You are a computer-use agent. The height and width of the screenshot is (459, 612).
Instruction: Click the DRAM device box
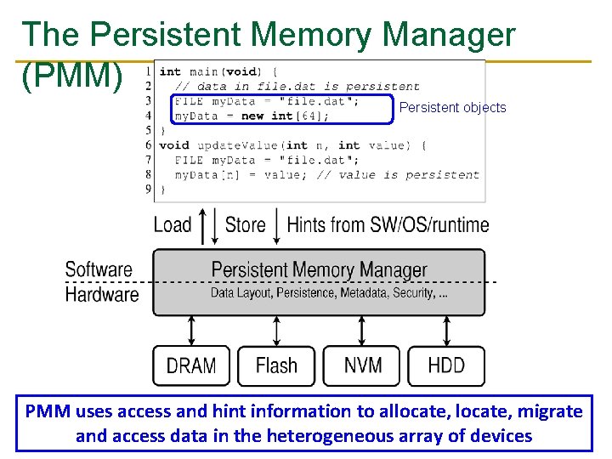coord(191,366)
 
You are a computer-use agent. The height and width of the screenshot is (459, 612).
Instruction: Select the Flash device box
coord(276,366)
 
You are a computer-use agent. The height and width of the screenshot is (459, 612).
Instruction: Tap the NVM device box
coord(362,366)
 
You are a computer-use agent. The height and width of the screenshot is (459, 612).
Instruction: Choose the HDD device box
coord(447,366)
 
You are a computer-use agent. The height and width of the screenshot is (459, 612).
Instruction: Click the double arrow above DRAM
coord(191,329)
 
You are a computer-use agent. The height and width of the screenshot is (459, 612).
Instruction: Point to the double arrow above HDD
coord(447,329)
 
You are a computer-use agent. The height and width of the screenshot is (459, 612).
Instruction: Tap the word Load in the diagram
coord(173,225)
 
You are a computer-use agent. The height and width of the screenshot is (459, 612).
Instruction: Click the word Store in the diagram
coord(245,225)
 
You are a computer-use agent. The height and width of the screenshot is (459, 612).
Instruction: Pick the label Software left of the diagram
coord(99,270)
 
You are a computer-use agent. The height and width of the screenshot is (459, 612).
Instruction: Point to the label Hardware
coord(101,295)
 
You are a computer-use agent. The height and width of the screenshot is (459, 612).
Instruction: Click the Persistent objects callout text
coord(452,108)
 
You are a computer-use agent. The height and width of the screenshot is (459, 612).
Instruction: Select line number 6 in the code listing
coord(148,145)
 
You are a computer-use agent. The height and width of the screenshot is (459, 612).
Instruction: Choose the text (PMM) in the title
coord(72,76)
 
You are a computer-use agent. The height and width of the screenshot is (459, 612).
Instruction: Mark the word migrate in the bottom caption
coord(549,411)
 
